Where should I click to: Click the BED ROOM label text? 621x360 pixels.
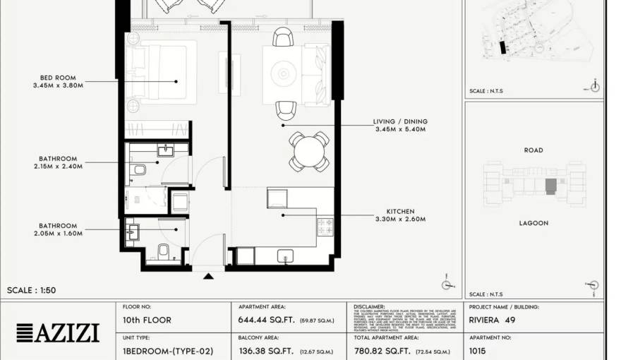coord(58,78)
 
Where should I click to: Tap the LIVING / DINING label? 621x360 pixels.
coord(400,121)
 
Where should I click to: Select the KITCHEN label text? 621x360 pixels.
coord(400,211)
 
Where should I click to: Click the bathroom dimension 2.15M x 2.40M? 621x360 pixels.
coord(58,167)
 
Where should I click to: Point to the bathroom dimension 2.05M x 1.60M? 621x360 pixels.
coord(58,234)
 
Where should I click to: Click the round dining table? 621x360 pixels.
coord(309,151)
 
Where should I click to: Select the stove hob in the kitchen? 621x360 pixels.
coord(325,226)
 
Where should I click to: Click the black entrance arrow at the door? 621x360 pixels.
coord(208,276)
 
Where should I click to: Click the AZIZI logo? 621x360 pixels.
coord(58,332)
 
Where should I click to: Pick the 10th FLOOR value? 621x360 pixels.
coord(147,320)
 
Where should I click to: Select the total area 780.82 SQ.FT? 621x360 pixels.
coord(382,351)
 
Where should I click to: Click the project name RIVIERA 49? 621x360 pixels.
coord(492,320)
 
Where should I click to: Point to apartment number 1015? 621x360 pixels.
coord(478,351)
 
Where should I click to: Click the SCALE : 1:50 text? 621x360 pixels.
coord(31,290)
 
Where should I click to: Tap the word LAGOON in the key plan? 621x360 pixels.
coord(533,223)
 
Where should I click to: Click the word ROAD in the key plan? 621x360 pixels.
coord(533,150)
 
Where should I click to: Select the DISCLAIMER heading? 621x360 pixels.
coord(369,307)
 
